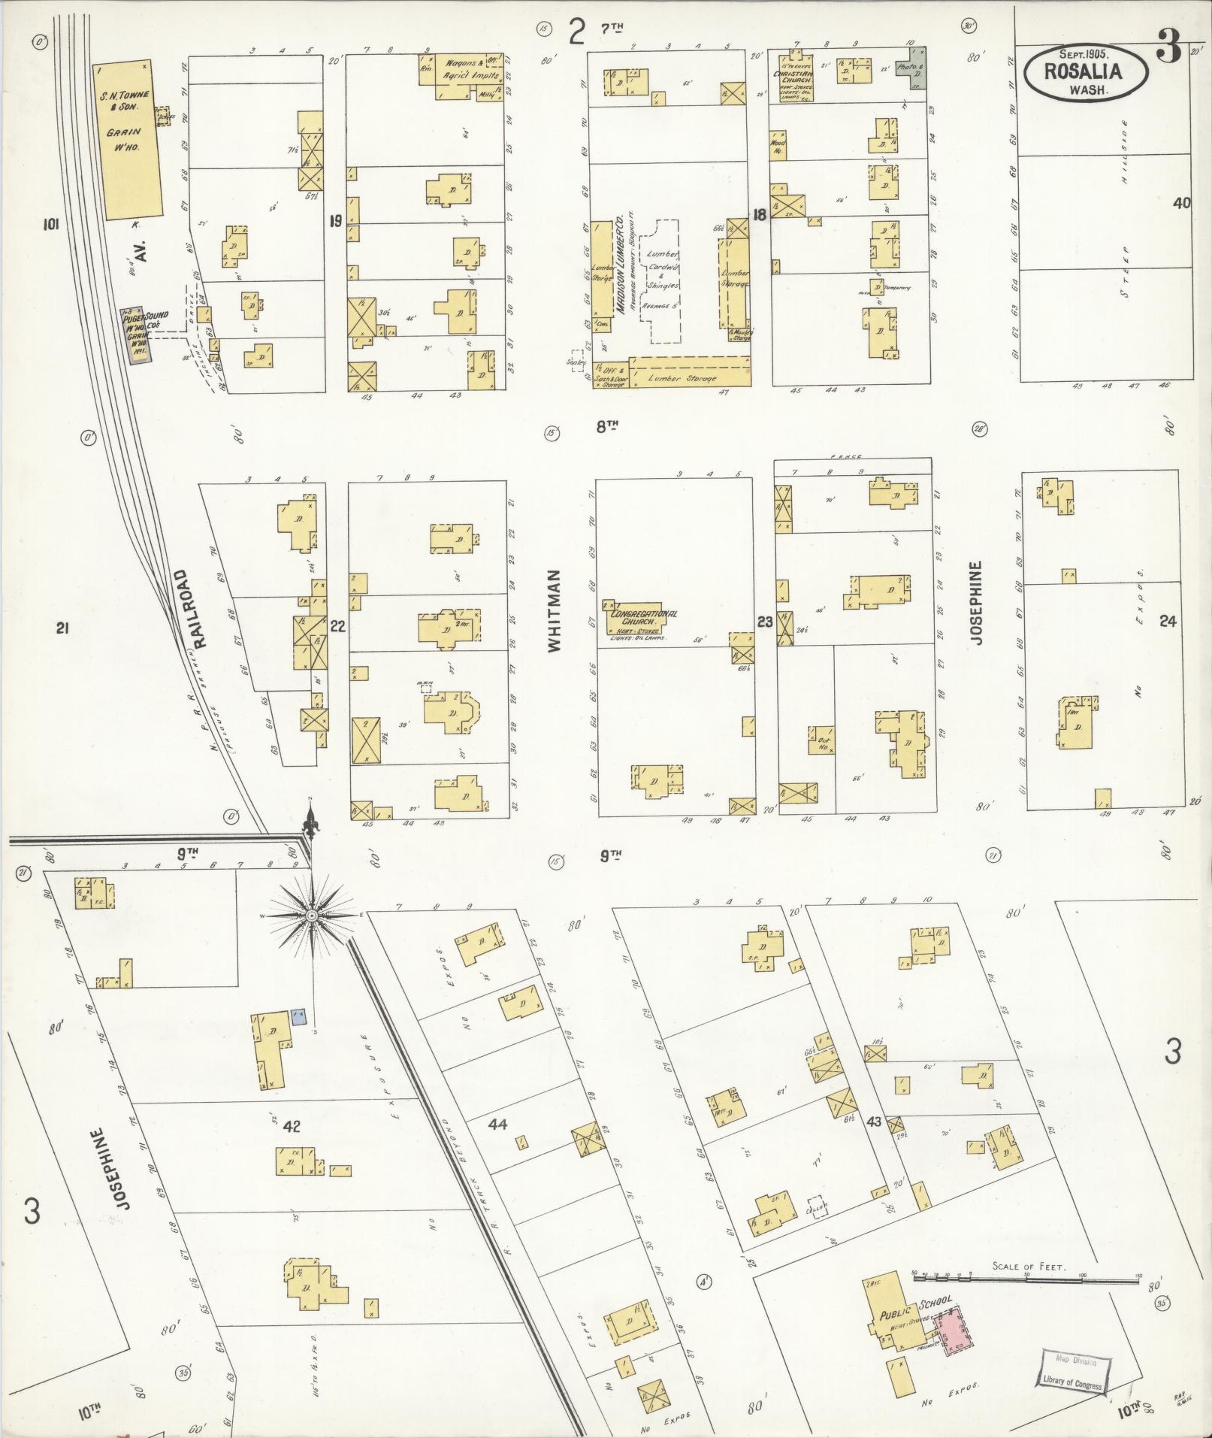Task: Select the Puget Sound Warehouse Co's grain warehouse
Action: [x=138, y=336]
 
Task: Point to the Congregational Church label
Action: [x=643, y=613]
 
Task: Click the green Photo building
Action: [x=915, y=68]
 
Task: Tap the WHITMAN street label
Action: [x=555, y=610]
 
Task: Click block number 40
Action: [x=1182, y=202]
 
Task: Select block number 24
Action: [x=1168, y=620]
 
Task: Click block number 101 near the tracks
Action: [x=51, y=223]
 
